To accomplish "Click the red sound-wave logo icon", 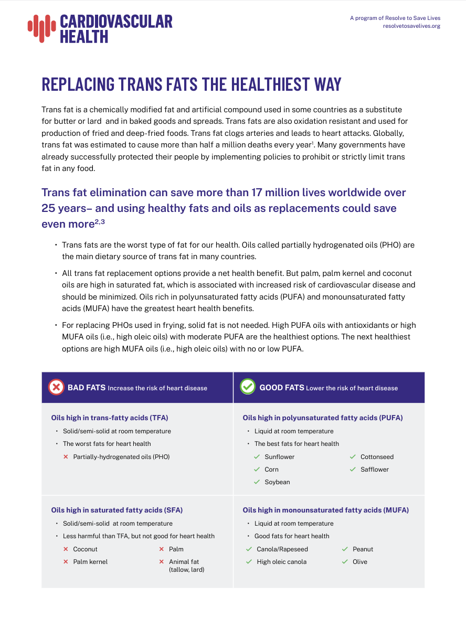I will tap(41, 28).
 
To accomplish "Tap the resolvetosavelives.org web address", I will tap(411, 26).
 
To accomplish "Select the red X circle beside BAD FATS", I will tap(56, 387).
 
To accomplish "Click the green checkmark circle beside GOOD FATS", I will tap(247, 387).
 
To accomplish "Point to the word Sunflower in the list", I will tap(279, 457).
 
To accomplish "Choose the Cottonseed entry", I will tap(377, 457).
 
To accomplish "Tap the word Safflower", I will tap(374, 470).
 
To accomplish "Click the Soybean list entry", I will tap(277, 482).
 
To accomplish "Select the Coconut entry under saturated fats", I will tap(85, 549).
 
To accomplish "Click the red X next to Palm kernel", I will tap(66, 562).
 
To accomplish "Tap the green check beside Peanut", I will tap(345, 549).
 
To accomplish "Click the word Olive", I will tap(360, 562).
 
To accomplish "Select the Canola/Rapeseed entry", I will tap(282, 549).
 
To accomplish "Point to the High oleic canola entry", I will tap(281, 562).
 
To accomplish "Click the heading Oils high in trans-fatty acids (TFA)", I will tap(110, 418).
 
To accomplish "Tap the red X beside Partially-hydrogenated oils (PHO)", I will tap(66, 457).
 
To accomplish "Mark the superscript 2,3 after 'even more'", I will tap(99, 222).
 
